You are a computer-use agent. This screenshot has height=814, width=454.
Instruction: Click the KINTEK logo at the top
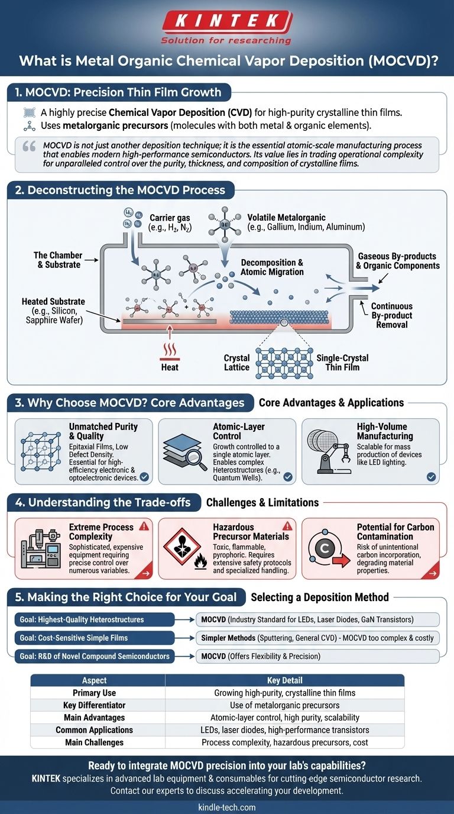pos(227,23)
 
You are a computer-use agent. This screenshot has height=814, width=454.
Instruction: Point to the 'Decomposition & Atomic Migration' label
pos(272,267)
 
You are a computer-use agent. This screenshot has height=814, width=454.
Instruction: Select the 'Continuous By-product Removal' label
pos(391,315)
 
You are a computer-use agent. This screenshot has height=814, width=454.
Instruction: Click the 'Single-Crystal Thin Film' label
pos(342,363)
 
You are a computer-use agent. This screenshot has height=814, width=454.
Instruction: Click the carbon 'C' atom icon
pos(324,548)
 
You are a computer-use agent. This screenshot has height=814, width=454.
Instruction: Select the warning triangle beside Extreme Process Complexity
pos(144,526)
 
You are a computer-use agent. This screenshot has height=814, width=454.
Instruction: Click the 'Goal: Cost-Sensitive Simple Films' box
pos(95,638)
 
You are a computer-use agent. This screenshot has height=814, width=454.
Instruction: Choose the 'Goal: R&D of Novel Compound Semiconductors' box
pos(95,655)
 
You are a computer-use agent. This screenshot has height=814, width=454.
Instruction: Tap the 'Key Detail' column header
pos(284,680)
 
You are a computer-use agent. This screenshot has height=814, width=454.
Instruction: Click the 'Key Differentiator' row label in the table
pos(98,705)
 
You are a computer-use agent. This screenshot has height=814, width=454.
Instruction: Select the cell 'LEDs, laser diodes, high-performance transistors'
pos(284,730)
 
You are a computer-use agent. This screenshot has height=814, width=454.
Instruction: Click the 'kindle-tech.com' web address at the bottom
pos(227,807)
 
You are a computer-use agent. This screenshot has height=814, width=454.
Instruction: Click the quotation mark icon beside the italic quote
pos(28,147)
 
